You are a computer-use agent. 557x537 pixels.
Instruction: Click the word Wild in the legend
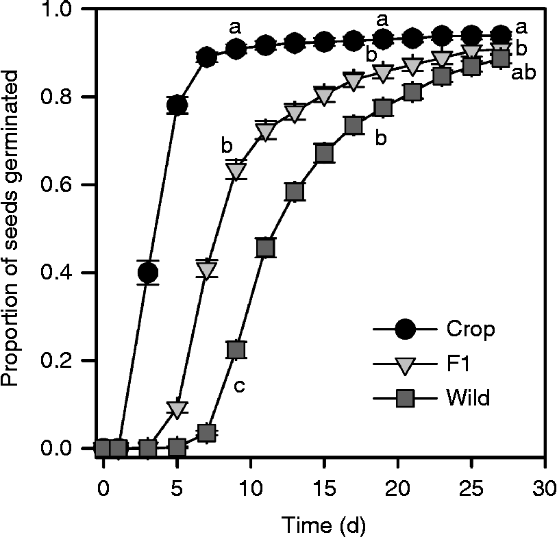[467, 398]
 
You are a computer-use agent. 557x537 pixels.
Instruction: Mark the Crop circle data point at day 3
[147, 273]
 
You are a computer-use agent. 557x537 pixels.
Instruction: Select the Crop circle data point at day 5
[177, 105]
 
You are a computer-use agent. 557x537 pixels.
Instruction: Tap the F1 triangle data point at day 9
[236, 171]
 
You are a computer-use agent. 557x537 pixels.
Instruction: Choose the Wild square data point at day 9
[236, 349]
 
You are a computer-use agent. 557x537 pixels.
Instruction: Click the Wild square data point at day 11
[265, 247]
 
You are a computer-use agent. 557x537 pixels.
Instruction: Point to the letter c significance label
[240, 386]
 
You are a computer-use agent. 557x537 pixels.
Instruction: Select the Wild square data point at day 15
[324, 153]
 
